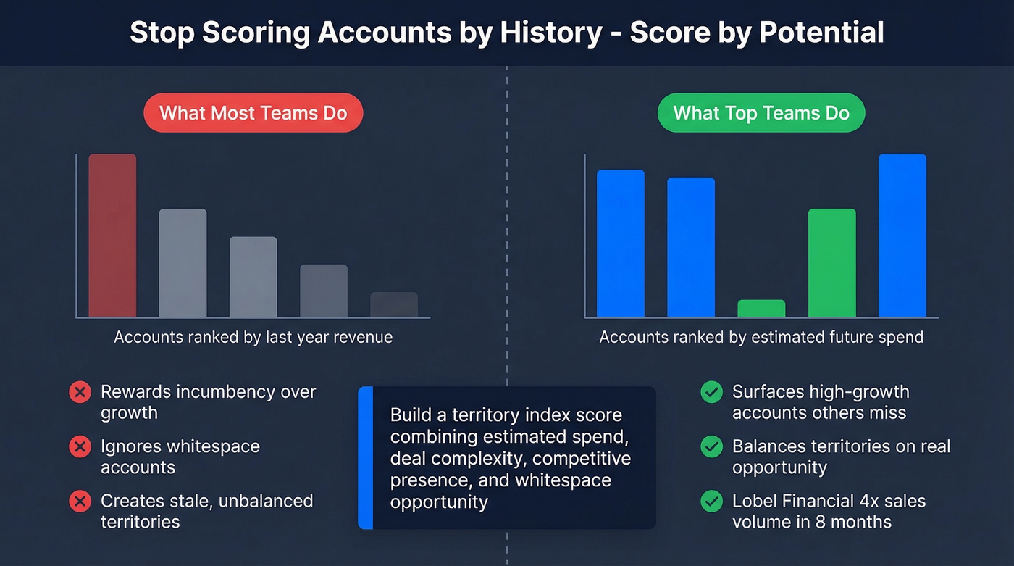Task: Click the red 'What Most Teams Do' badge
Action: pyautogui.click(x=253, y=113)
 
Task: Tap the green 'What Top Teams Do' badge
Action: pyautogui.click(x=760, y=113)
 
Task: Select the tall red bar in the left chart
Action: pyautogui.click(x=112, y=236)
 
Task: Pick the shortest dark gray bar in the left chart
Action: pyautogui.click(x=394, y=304)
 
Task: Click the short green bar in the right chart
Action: pyautogui.click(x=761, y=308)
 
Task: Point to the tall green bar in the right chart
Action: pyautogui.click(x=831, y=262)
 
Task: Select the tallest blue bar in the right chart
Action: pyautogui.click(x=902, y=236)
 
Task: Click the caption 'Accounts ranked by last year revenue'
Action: pyautogui.click(x=253, y=337)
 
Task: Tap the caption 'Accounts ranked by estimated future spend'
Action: pyautogui.click(x=761, y=337)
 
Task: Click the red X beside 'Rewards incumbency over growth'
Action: pyautogui.click(x=80, y=392)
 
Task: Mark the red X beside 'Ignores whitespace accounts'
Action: pyautogui.click(x=80, y=446)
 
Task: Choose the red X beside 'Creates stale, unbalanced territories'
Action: pyautogui.click(x=80, y=501)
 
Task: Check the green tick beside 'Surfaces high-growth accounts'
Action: pyautogui.click(x=711, y=392)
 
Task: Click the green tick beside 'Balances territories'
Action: pyautogui.click(x=711, y=446)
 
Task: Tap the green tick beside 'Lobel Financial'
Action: pyautogui.click(x=711, y=501)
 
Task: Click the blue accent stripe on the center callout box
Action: pyautogui.click(x=366, y=457)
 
